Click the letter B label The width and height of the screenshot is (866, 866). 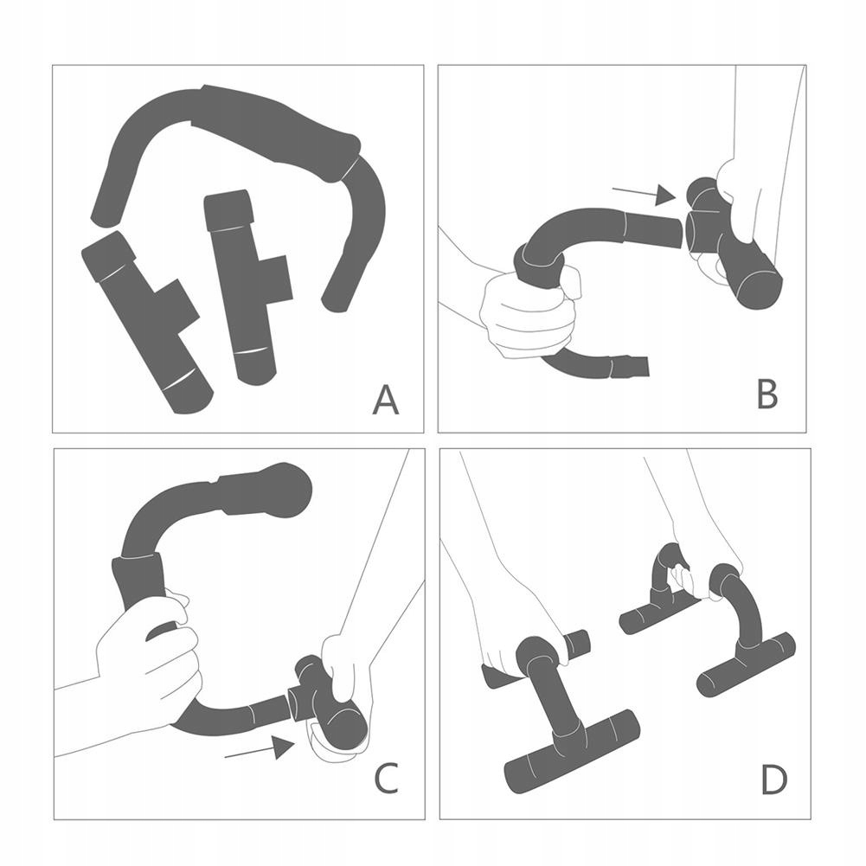[x=767, y=393]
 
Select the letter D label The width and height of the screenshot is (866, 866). [x=773, y=778]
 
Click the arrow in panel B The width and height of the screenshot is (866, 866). [x=644, y=194]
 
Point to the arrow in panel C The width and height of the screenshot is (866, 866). [x=260, y=749]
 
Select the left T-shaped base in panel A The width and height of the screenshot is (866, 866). [x=146, y=320]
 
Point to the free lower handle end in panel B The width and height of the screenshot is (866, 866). [x=630, y=366]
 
